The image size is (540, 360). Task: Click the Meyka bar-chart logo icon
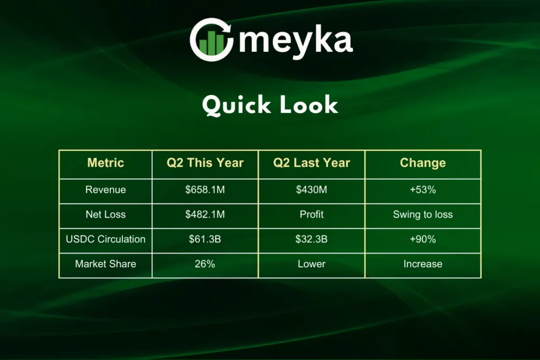[211, 40]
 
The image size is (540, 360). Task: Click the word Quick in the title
[236, 105]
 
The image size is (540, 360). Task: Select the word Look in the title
[309, 104]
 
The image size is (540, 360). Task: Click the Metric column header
[105, 163]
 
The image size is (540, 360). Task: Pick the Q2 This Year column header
[205, 163]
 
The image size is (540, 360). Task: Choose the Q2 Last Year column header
[312, 163]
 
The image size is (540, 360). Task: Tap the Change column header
[423, 163]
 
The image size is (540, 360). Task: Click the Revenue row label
[105, 190]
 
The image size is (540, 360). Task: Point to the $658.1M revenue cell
[205, 190]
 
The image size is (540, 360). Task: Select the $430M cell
[312, 190]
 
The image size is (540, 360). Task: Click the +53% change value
[423, 190]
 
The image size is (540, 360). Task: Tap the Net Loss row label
[105, 215]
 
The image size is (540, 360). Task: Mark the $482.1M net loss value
[205, 215]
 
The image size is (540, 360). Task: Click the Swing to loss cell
[423, 215]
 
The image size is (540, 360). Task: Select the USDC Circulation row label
[105, 239]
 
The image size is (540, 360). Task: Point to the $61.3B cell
[205, 239]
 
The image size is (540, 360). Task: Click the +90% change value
[423, 239]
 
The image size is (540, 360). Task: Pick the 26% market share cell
[205, 264]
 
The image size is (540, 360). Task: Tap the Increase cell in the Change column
[423, 264]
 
